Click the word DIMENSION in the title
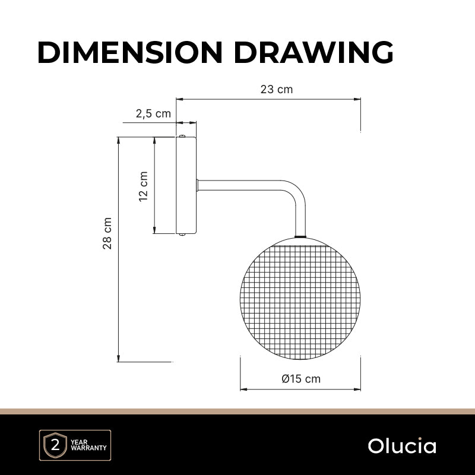click(x=130, y=52)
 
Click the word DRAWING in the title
click(x=313, y=52)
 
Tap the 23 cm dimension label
click(x=277, y=90)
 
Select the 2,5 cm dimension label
click(x=153, y=113)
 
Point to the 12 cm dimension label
click(x=143, y=186)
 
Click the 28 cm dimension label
click(x=107, y=233)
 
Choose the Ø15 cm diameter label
click(x=301, y=379)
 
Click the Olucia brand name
click(x=402, y=446)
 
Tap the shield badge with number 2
click(x=55, y=445)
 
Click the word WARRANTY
click(x=88, y=448)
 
